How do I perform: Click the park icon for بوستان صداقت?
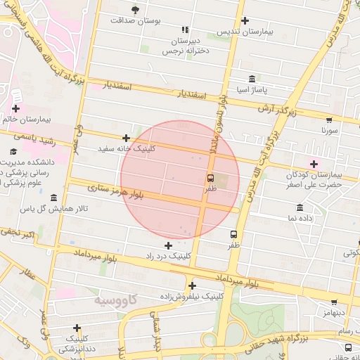click(135, 8)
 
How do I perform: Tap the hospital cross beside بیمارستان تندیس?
click(245, 20)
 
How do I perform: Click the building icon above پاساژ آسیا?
click(252, 78)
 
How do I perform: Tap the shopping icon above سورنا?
click(329, 119)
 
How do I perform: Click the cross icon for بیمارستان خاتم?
click(15, 108)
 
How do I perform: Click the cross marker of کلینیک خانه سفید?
click(126, 139)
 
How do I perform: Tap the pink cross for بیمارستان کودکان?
click(314, 164)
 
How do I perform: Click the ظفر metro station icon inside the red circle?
click(210, 177)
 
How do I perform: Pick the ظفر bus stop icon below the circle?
click(233, 234)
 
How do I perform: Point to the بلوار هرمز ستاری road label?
click(115, 189)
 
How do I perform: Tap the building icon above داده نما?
click(300, 207)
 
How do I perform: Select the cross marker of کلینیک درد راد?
click(167, 245)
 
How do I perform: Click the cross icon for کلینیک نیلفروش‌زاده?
click(191, 285)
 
